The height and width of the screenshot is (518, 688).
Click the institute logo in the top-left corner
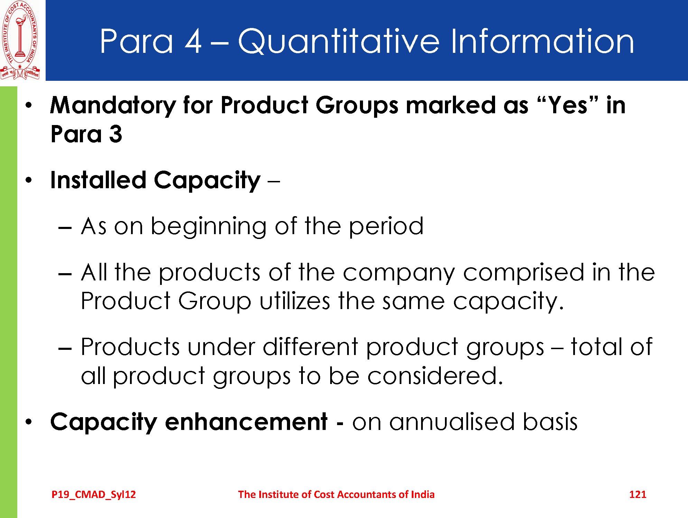coord(20,40)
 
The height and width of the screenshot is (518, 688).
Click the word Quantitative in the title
coord(338,42)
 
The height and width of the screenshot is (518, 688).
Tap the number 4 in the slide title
coord(193,41)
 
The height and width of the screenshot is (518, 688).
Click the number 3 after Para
coord(116,134)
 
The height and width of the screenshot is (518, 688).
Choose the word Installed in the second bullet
coord(98,180)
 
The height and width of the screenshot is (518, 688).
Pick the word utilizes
coord(295,301)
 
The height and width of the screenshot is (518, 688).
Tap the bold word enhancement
coord(246,422)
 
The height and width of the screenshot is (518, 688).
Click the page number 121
coord(638,495)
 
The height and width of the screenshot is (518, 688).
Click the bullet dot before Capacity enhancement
coord(29,422)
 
